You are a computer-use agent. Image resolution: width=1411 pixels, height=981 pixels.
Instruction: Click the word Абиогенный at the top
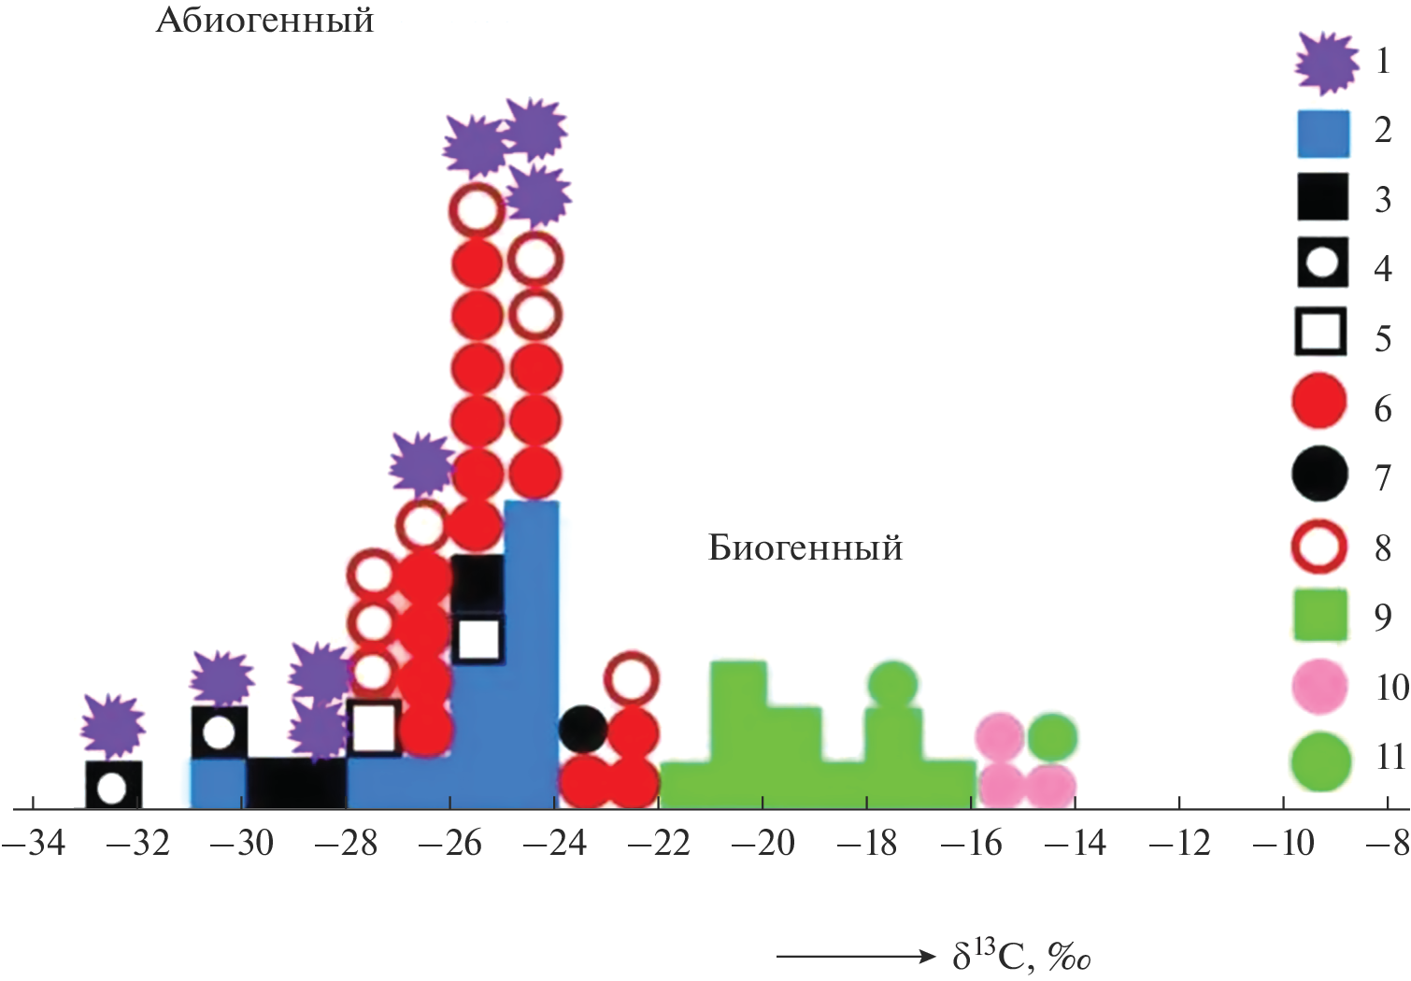[264, 20]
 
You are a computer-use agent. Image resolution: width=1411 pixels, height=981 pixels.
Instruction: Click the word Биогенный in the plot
[805, 547]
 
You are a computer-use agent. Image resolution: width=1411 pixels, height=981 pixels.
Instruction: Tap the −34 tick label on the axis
[34, 844]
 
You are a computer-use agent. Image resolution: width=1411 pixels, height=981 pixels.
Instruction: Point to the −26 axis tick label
[450, 844]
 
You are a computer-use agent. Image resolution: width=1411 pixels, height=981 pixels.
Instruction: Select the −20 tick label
[763, 844]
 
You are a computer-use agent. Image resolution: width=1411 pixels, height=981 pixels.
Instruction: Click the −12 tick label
[1179, 844]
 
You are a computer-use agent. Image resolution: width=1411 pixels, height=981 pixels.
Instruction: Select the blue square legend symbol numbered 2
[1323, 134]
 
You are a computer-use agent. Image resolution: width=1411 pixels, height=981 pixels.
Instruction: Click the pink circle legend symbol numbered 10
[1319, 687]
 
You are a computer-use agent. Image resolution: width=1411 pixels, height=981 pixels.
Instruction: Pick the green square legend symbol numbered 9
[1319, 615]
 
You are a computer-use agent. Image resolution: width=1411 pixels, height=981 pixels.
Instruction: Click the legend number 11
[1390, 757]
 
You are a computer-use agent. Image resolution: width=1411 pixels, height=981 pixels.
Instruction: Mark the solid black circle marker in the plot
[583, 728]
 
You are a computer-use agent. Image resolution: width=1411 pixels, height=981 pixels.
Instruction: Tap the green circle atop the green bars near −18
[892, 684]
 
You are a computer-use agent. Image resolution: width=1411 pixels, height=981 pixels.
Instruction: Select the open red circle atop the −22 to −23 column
[632, 678]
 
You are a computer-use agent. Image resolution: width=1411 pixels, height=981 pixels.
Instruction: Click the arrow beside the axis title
[855, 956]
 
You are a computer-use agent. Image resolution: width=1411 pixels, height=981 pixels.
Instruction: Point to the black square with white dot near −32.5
[112, 787]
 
